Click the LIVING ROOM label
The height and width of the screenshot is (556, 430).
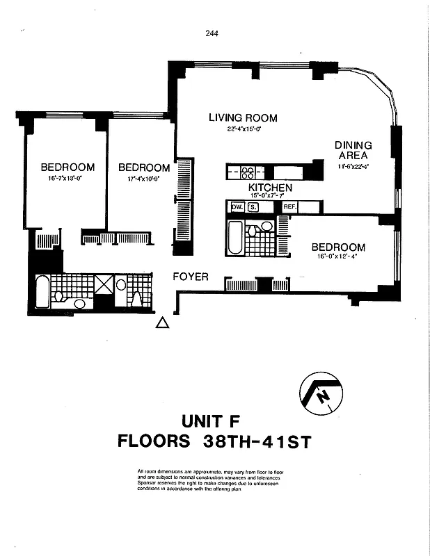[x=243, y=118]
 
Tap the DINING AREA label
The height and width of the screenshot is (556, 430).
[x=353, y=150]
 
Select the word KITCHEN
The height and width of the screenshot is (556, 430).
[x=270, y=188]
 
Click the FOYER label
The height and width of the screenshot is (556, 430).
[x=191, y=277]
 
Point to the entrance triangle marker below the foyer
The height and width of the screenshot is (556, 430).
[x=161, y=322]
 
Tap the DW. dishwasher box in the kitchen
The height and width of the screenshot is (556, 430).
[x=236, y=206]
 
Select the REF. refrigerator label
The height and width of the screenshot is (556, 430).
[x=290, y=206]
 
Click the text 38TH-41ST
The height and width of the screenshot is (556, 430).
[x=257, y=441]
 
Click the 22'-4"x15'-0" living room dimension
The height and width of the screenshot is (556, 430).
[x=243, y=129]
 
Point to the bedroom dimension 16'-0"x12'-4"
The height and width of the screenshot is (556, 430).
[x=338, y=256]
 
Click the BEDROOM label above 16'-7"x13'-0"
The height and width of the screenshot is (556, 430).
[x=67, y=167]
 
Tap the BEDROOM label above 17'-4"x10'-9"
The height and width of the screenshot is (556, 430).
[x=144, y=167]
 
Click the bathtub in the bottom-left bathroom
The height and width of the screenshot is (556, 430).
[x=43, y=292]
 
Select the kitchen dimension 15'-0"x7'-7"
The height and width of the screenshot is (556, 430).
[x=270, y=197]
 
